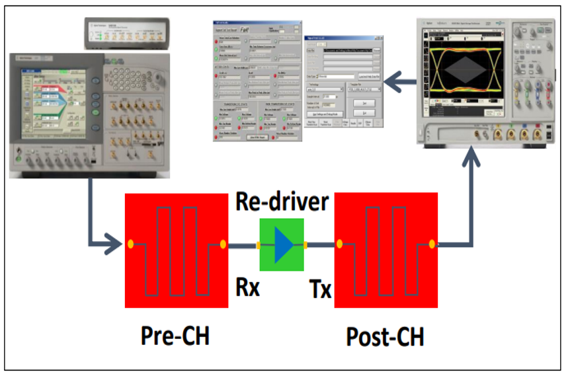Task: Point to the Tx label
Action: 320,289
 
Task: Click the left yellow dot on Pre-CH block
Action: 130,244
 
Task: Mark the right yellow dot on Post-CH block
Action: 432,244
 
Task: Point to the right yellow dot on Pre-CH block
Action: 223,244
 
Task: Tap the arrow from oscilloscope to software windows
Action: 401,83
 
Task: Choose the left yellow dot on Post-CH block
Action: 339,244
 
